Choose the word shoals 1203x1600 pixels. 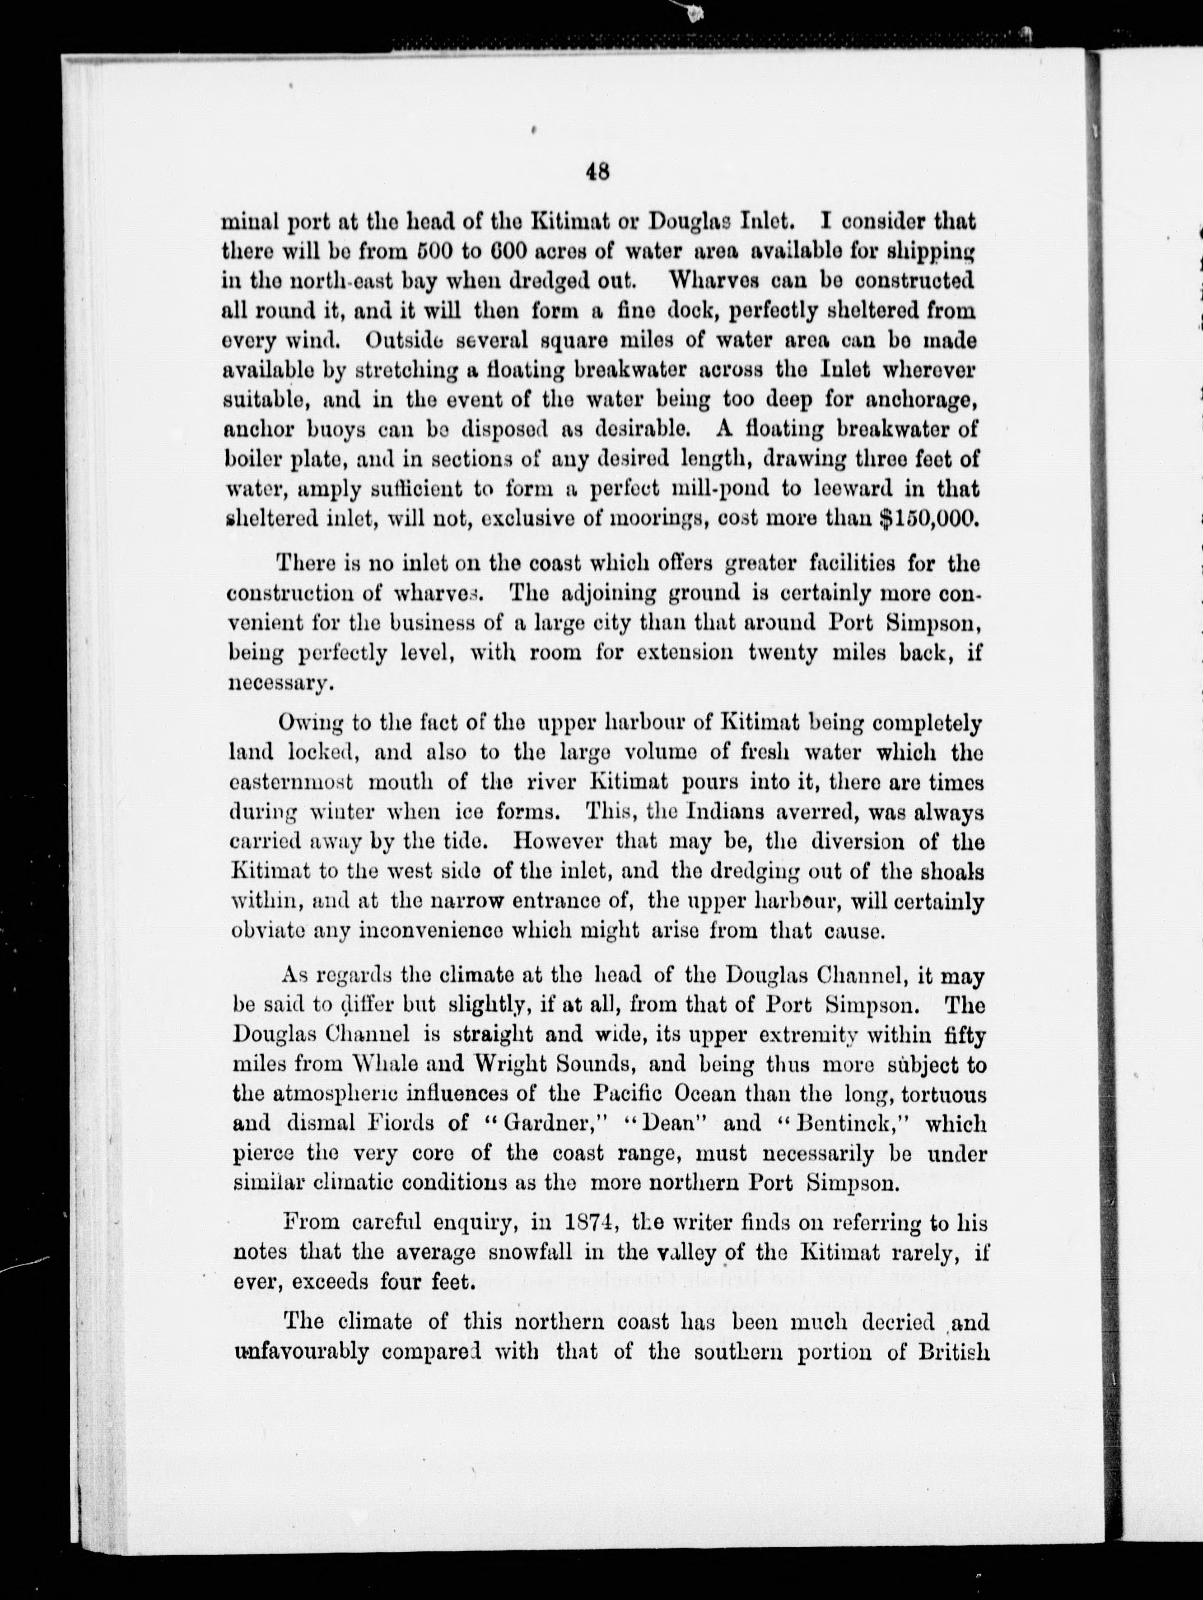pyautogui.click(x=952, y=872)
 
